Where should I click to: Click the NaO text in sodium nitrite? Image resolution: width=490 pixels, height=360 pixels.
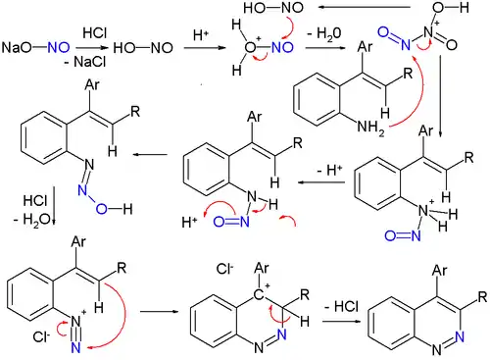point(17,48)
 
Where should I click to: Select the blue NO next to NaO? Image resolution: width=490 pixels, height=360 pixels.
point(59,48)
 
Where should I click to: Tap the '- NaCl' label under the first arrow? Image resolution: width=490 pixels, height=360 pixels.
point(85,62)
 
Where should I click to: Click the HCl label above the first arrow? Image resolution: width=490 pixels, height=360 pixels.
point(95,32)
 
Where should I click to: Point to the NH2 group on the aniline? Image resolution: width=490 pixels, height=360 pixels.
point(370,128)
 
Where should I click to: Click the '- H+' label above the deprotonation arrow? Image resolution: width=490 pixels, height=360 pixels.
point(329,170)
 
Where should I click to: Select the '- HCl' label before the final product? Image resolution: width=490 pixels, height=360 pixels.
point(342,307)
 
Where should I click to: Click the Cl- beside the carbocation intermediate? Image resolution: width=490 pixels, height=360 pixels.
point(225,269)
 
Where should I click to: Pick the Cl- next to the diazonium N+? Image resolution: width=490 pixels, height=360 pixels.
point(41,336)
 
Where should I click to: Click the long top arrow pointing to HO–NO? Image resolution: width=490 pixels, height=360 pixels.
point(365,7)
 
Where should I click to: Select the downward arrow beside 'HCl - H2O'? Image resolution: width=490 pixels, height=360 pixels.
point(54,205)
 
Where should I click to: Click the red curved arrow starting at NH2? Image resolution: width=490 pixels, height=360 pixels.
point(416,95)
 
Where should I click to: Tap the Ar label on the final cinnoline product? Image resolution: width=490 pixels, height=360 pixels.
point(439,271)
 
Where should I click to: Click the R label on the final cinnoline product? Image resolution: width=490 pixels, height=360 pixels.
point(482,296)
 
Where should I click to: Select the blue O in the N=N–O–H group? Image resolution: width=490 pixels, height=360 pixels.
point(102,209)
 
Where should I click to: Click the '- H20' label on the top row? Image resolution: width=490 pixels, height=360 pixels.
point(324,33)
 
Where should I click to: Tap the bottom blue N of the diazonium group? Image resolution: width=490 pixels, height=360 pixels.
point(75,346)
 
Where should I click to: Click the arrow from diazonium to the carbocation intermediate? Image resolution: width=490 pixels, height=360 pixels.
point(160,311)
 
